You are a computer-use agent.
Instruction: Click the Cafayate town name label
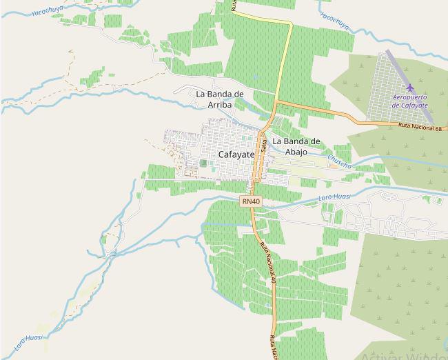pyautogui.click(x=236, y=154)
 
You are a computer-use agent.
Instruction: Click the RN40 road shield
pyautogui.click(x=251, y=201)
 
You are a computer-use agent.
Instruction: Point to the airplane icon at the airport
pyautogui.click(x=411, y=88)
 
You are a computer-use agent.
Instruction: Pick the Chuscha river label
pyautogui.click(x=339, y=161)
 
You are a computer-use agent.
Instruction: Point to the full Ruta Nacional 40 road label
pyautogui.click(x=267, y=262)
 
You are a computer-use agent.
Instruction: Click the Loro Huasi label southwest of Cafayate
pyautogui.click(x=28, y=340)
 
